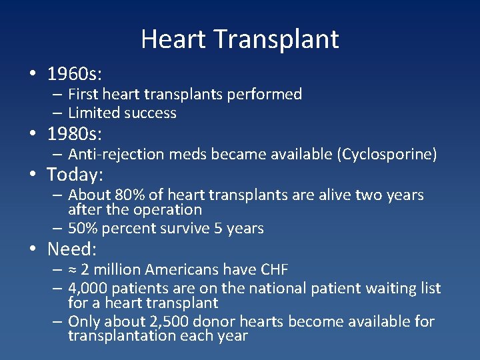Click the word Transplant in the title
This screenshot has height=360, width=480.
pyautogui.click(x=277, y=39)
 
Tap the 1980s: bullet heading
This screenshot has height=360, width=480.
pyautogui.click(x=74, y=135)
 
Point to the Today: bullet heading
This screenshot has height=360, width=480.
pyautogui.click(x=75, y=175)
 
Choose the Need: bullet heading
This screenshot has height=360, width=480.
pyautogui.click(x=72, y=249)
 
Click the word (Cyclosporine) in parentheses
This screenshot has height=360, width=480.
pyautogui.click(x=387, y=155)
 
